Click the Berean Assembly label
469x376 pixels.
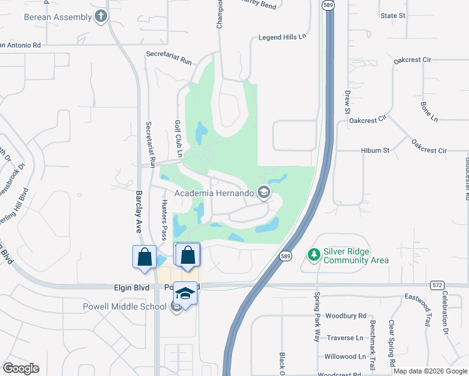58,17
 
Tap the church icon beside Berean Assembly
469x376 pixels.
102,17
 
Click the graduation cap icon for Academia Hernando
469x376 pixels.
264,193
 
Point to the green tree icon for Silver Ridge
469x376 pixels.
314,255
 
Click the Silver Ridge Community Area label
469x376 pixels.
356,256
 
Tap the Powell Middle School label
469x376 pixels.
125,306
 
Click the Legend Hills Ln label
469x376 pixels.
282,38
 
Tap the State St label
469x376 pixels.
393,16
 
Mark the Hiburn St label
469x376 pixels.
375,150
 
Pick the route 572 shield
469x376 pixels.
437,285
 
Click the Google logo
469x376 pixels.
21,368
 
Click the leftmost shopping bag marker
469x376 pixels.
144,258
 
